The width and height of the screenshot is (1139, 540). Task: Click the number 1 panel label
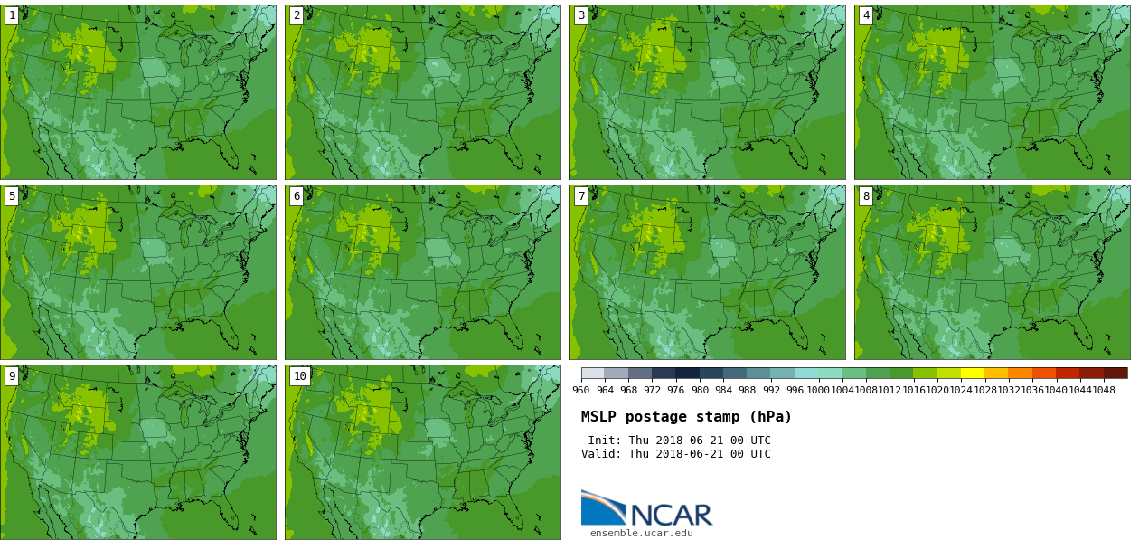pyautogui.click(x=12, y=15)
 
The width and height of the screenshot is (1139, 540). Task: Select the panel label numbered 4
pyautogui.click(x=866, y=15)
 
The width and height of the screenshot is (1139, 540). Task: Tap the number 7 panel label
pyautogui.click(x=581, y=196)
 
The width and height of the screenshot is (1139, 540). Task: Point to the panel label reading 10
pyautogui.click(x=299, y=376)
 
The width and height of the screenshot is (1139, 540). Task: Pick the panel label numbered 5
pyautogui.click(x=12, y=196)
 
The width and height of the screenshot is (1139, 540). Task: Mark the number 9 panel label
pyautogui.click(x=12, y=376)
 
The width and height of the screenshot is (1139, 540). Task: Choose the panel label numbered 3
pyautogui.click(x=581, y=15)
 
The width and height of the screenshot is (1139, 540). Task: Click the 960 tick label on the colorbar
pyautogui.click(x=581, y=391)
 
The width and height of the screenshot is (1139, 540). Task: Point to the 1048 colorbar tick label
pyautogui.click(x=1104, y=391)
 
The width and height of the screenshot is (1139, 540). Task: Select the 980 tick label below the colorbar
pyautogui.click(x=700, y=391)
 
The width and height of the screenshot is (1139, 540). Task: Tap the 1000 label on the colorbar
pyautogui.click(x=818, y=391)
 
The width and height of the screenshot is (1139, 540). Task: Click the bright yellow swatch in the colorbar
pyautogui.click(x=973, y=373)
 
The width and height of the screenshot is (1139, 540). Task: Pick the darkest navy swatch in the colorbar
pyautogui.click(x=687, y=373)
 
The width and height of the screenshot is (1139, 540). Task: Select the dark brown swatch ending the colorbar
pyautogui.click(x=1115, y=373)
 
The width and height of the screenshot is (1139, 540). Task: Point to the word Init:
pyautogui.click(x=605, y=441)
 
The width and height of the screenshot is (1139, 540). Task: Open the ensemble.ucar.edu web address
pyautogui.click(x=642, y=533)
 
